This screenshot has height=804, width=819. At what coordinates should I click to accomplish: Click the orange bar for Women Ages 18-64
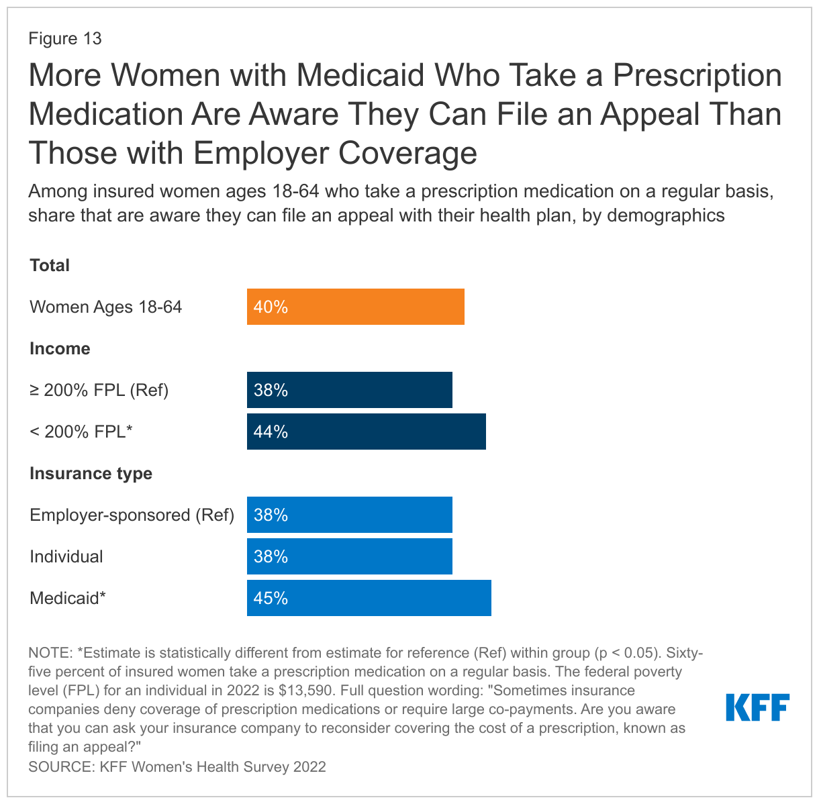coord(355,307)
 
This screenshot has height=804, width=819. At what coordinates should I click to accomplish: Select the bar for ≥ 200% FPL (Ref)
coord(349,390)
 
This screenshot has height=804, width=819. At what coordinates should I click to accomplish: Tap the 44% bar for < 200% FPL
coord(366,432)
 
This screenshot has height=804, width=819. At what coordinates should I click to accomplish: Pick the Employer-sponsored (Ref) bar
coord(349,515)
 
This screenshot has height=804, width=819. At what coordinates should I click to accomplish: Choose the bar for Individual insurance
coord(349,556)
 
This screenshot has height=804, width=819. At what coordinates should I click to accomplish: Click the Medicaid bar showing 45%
coord(369,598)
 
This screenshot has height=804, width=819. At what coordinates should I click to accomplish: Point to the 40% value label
coord(271,307)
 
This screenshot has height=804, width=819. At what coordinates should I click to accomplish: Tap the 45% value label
coord(271,599)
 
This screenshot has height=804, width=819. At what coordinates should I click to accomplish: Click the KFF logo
coord(757,708)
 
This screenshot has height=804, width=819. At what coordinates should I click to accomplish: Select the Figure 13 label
coord(65,38)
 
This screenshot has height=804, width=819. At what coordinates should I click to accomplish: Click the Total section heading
coord(50,265)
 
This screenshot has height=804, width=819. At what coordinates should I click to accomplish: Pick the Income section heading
coord(60,348)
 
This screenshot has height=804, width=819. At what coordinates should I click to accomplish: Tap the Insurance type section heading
coord(91,473)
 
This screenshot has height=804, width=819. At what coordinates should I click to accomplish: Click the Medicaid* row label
coord(68,598)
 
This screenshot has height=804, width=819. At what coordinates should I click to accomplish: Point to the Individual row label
coord(66,556)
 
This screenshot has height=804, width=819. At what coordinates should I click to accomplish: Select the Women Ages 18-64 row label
coord(106,307)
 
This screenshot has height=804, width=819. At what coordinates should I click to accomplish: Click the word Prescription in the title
coord(697,75)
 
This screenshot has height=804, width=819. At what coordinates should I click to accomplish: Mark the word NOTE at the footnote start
coord(50,653)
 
